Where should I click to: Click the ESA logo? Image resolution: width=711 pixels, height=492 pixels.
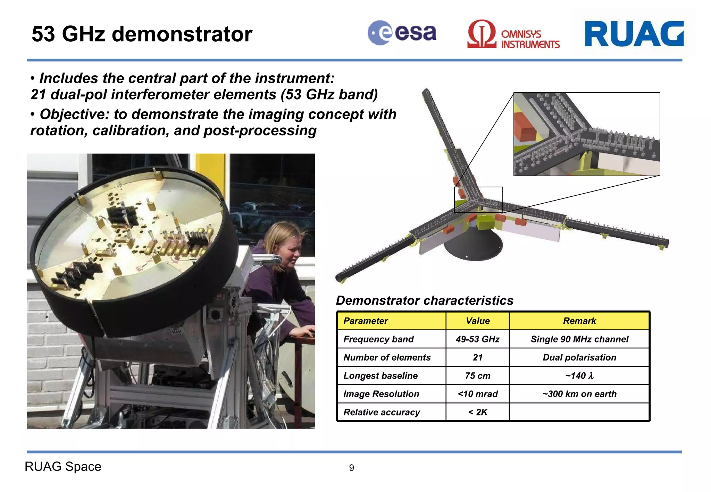pyautogui.click(x=402, y=33)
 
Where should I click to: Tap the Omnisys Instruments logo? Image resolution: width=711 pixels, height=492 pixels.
pyautogui.click(x=513, y=34)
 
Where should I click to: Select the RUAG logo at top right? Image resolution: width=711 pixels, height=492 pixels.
pyautogui.click(x=634, y=34)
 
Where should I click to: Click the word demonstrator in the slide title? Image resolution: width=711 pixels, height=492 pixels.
pyautogui.click(x=182, y=34)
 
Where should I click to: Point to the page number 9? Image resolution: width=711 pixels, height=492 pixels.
pyautogui.click(x=351, y=468)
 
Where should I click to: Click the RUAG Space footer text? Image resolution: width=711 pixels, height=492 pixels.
pyautogui.click(x=63, y=467)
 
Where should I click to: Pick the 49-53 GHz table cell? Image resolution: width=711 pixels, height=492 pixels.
pyautogui.click(x=477, y=339)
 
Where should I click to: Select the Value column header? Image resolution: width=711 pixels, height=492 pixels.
pyautogui.click(x=477, y=321)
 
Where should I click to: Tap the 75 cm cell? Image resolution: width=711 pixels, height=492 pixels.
pyautogui.click(x=477, y=376)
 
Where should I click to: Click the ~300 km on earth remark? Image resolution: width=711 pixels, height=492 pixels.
pyautogui.click(x=579, y=394)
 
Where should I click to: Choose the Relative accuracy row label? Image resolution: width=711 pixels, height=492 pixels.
pyautogui.click(x=382, y=412)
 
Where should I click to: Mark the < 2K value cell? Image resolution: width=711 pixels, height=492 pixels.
pyautogui.click(x=477, y=412)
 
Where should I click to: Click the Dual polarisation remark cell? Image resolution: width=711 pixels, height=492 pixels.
pyautogui.click(x=579, y=358)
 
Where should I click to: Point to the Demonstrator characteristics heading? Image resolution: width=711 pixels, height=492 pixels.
pyautogui.click(x=424, y=300)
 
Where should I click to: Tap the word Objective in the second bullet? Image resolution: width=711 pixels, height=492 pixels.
pyautogui.click(x=74, y=114)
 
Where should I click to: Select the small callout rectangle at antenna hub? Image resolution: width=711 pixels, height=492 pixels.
pyautogui.click(x=478, y=200)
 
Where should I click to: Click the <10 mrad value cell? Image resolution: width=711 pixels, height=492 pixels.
pyautogui.click(x=477, y=394)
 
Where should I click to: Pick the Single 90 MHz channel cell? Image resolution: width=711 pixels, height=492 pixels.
pyautogui.click(x=579, y=339)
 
